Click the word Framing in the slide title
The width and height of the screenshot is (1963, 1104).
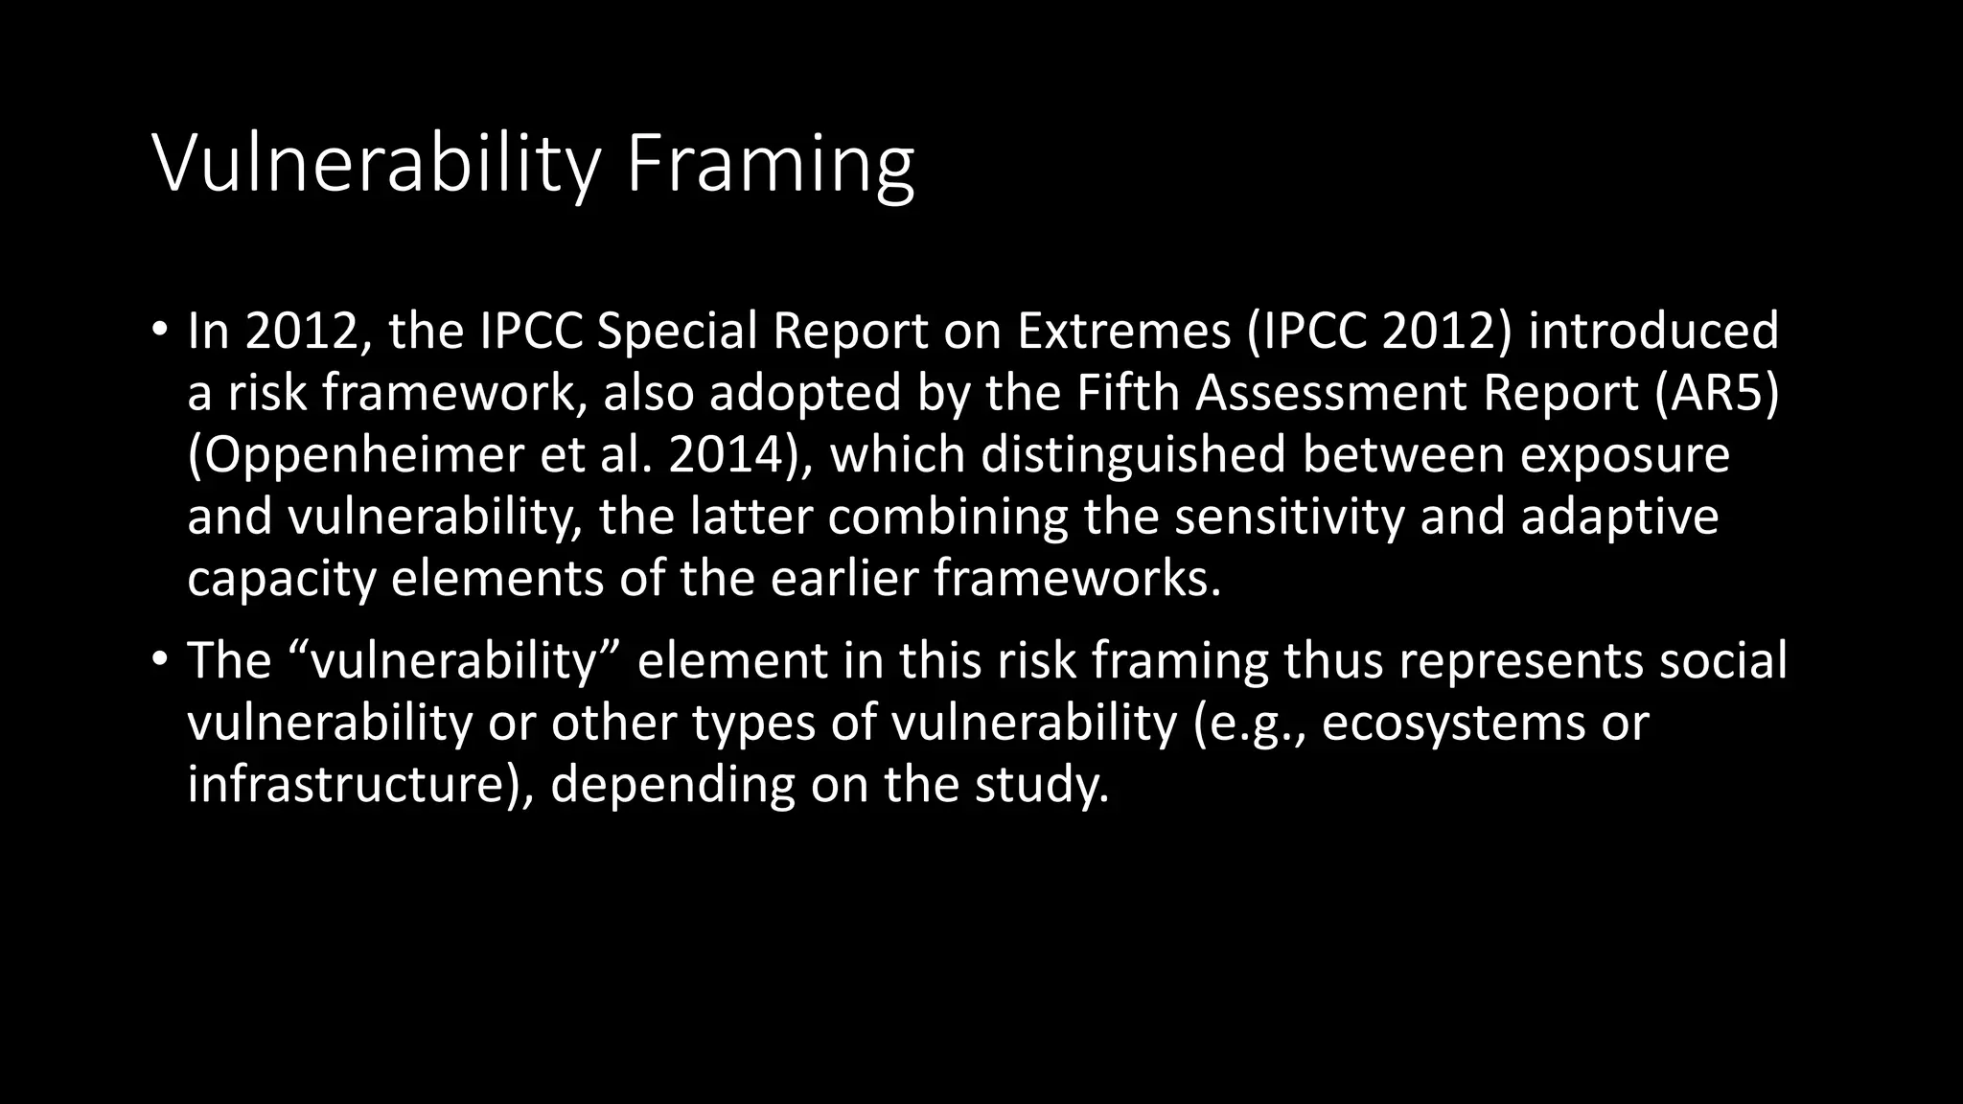770,165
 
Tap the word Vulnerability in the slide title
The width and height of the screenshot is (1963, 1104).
376,165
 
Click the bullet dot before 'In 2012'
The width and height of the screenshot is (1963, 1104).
160,330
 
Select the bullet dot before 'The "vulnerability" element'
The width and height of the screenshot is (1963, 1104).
160,660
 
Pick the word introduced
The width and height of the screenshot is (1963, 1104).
1653,331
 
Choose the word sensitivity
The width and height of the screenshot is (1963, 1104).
1289,517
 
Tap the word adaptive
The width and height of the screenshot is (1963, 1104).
1620,518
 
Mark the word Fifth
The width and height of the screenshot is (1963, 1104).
1128,393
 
